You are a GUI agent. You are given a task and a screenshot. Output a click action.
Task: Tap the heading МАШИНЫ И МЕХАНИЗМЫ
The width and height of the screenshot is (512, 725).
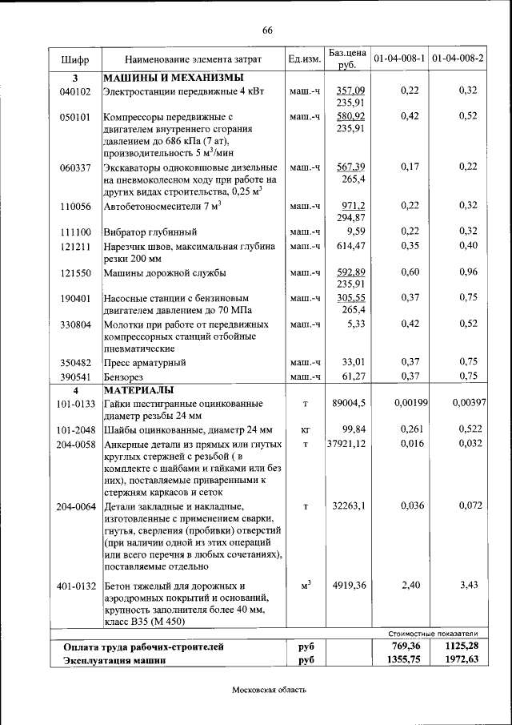(x=172, y=79)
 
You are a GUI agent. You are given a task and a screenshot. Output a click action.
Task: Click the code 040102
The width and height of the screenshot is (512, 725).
(x=75, y=91)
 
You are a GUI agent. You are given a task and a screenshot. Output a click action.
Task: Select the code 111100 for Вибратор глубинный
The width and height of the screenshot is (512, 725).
(x=75, y=232)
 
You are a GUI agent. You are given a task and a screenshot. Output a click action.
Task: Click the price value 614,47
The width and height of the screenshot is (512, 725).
(x=350, y=245)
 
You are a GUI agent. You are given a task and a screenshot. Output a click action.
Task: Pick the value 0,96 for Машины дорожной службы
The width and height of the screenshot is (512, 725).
(x=467, y=272)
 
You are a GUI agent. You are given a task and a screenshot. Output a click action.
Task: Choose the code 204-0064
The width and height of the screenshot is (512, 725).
(x=76, y=506)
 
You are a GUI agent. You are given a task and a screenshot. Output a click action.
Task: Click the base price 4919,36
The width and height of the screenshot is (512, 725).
(x=349, y=586)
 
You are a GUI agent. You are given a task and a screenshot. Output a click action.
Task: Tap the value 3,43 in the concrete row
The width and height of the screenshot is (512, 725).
(x=467, y=586)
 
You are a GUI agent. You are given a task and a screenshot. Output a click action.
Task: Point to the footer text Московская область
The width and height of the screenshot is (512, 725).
(x=269, y=689)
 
